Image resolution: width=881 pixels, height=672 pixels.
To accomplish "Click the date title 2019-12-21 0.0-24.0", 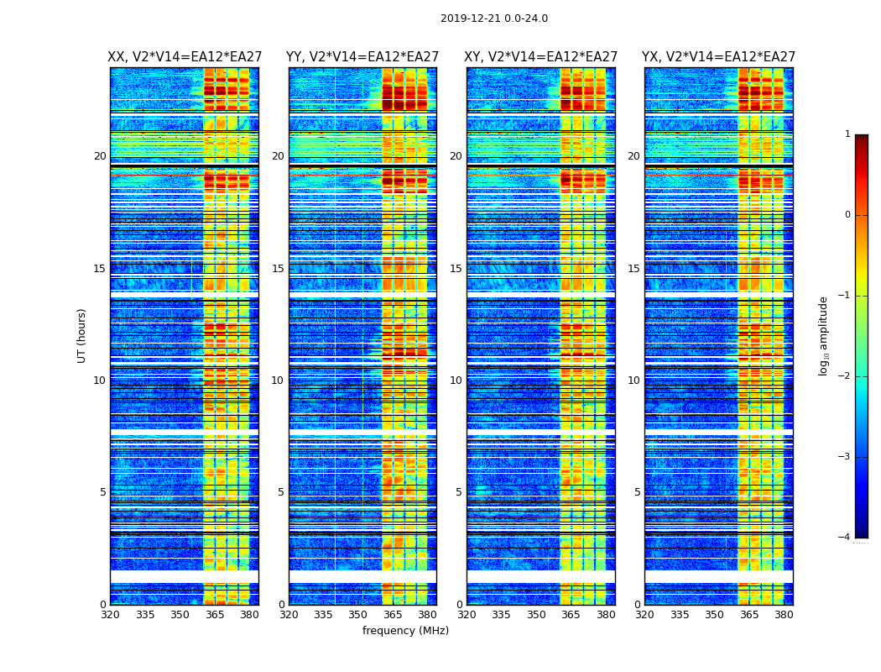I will (493, 18).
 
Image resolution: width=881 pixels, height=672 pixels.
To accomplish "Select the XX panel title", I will (185, 57).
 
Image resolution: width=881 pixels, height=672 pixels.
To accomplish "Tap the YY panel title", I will (362, 57).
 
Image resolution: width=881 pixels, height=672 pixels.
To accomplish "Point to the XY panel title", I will (541, 57).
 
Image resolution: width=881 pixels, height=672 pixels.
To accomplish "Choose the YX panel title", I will (719, 57).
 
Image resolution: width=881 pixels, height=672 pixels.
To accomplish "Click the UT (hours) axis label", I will (82, 335).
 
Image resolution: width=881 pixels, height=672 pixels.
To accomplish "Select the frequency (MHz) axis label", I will (405, 631).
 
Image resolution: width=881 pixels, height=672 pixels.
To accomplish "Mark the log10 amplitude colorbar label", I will (824, 335).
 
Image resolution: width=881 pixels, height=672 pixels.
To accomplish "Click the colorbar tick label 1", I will (847, 134).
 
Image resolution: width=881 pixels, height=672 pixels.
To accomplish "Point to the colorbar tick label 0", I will (847, 215).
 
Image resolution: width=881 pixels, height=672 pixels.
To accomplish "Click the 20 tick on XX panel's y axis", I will (100, 156).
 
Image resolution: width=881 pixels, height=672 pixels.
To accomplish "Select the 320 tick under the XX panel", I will (110, 615).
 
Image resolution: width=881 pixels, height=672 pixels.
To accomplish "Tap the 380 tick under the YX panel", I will (784, 615).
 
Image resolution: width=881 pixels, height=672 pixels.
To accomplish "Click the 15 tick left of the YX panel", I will (634, 269).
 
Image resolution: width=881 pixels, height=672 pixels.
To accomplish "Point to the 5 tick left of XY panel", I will (459, 492).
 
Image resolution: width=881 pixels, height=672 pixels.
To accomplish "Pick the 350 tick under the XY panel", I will (536, 615).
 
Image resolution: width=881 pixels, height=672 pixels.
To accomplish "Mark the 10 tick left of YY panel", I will (278, 381).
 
